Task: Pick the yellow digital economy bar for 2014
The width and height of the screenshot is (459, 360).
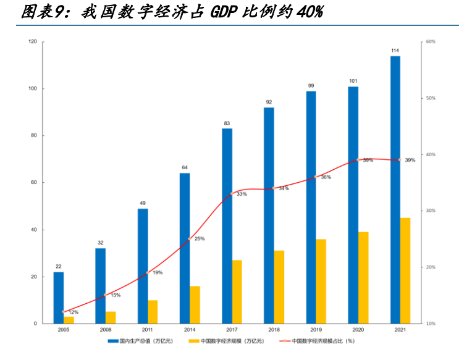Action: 195,304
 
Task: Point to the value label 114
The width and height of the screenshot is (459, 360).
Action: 395,50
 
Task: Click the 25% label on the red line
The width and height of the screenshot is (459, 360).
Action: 199,238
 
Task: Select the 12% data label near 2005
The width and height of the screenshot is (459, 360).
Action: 73,312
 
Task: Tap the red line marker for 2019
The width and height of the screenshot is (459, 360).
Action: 316,177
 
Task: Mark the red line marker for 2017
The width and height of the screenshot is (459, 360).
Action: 232,194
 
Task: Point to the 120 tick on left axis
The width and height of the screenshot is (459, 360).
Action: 32,41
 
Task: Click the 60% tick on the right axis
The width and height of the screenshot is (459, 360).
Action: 431,41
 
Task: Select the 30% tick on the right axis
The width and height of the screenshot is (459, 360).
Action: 431,211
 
